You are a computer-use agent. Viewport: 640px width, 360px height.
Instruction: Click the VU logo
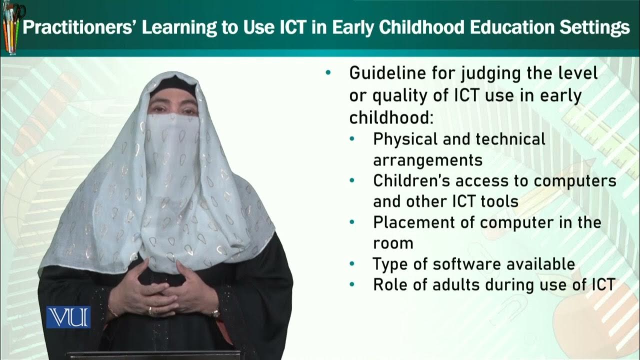(x=68, y=317)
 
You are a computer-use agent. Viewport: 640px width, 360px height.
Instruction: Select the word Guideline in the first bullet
(x=388, y=73)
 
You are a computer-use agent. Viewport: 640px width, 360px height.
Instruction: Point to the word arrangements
(x=427, y=160)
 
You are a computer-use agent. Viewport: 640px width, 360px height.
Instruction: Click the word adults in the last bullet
(x=448, y=284)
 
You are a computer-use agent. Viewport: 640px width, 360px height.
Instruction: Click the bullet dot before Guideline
(x=328, y=73)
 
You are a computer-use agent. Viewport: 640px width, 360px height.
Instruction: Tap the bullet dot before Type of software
(x=352, y=263)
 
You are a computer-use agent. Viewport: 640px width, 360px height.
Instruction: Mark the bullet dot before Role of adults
(x=352, y=284)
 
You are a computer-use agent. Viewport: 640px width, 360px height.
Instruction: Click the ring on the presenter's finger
(x=149, y=310)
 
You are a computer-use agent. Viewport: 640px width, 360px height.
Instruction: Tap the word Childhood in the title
(x=424, y=28)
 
